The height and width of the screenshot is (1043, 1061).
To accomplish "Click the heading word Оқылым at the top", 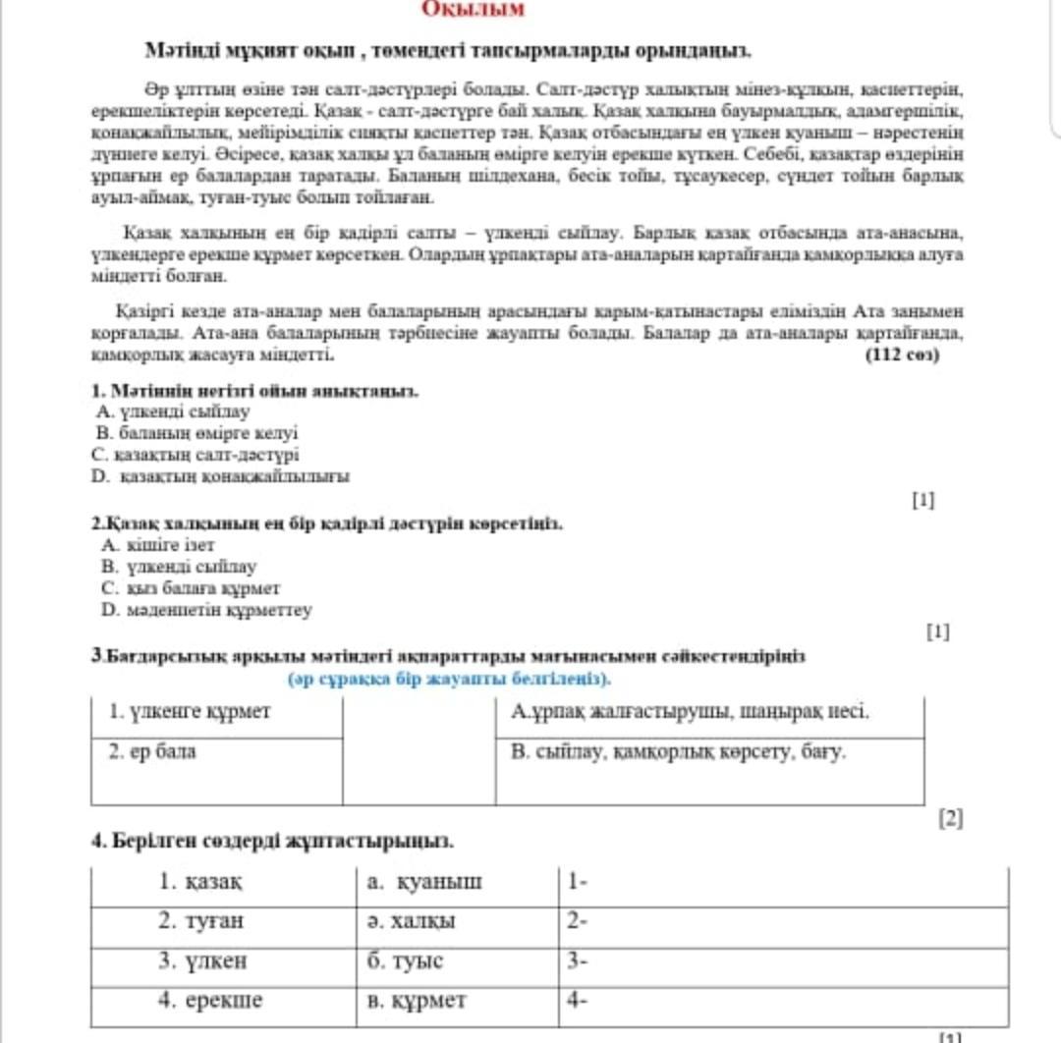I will click(x=474, y=10).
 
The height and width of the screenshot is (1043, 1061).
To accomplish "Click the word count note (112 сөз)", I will click(x=902, y=355).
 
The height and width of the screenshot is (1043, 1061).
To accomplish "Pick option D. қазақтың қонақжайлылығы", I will click(x=221, y=476).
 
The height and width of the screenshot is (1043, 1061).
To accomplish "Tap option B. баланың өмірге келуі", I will click(x=196, y=433).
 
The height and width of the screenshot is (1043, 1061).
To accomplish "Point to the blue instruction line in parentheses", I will click(x=449, y=679).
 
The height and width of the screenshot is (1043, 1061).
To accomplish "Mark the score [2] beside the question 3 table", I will click(x=951, y=818).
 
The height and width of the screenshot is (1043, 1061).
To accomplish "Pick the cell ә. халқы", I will click(x=411, y=922).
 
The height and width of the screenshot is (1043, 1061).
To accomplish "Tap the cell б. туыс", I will click(x=405, y=961).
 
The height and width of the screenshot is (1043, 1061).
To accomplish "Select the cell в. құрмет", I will click(x=417, y=1001).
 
